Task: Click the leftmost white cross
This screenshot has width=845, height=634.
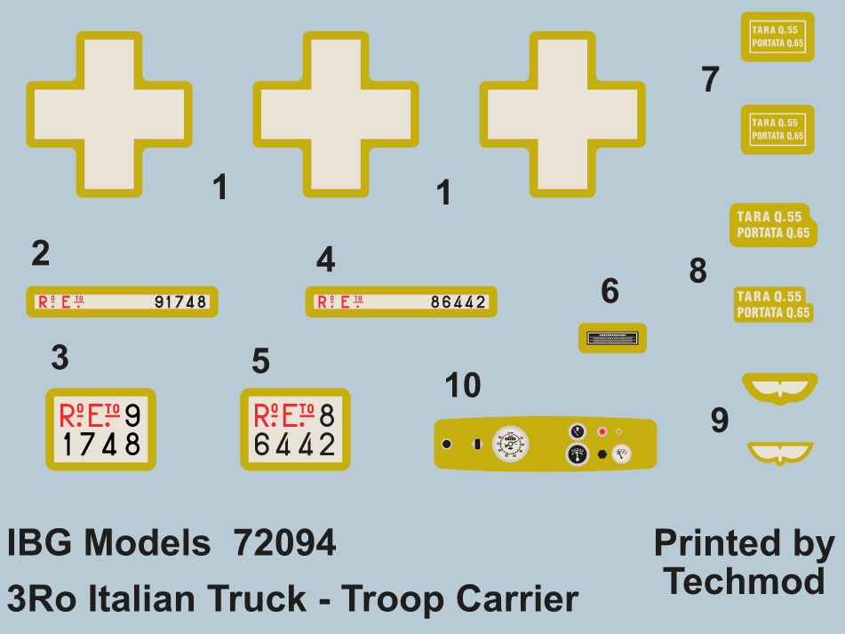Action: [x=109, y=113]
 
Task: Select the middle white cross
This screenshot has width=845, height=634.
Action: [x=336, y=113]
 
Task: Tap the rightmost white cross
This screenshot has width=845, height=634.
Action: [x=562, y=113]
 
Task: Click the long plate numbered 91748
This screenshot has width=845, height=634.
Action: [x=123, y=302]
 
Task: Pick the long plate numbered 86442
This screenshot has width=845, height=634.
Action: [x=401, y=302]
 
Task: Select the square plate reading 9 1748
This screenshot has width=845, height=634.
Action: [x=100, y=429]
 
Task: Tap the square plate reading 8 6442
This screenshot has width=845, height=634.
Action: [x=295, y=429]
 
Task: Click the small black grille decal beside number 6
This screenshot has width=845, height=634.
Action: [x=612, y=338]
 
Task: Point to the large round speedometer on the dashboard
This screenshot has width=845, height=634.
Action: [x=509, y=444]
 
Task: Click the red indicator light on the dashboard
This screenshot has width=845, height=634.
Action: [x=602, y=432]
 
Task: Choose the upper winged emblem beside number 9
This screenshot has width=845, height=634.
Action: [x=778, y=387]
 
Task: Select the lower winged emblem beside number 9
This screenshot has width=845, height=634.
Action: [x=778, y=453]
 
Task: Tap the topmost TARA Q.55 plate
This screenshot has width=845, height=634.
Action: [x=777, y=36]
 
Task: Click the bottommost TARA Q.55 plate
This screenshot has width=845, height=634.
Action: [x=773, y=304]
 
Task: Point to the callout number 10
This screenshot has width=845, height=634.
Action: [x=462, y=386]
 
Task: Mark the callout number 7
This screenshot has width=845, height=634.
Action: [x=709, y=80]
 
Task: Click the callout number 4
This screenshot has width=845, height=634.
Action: [x=326, y=260]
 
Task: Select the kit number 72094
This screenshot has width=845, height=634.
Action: [x=284, y=543]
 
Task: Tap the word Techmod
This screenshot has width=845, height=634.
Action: [x=745, y=582]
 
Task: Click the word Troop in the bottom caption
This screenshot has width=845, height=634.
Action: [x=391, y=598]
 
